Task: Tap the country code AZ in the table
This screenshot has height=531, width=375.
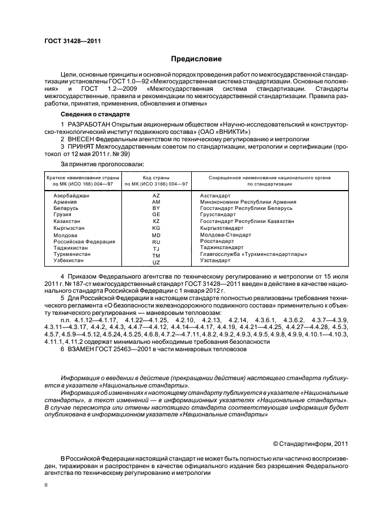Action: (157, 195)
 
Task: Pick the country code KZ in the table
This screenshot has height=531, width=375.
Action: (157, 221)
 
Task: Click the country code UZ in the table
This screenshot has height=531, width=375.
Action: (157, 262)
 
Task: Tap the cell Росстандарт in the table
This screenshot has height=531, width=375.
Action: (215, 241)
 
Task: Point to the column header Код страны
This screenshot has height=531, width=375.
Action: (157, 178)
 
